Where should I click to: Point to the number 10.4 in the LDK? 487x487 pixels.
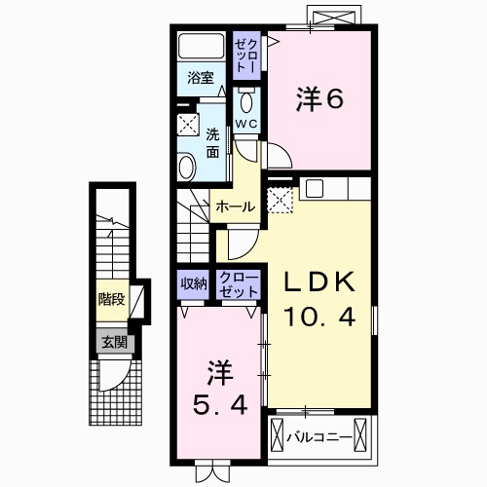pyautogui.click(x=317, y=317)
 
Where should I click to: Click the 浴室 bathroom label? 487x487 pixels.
pyautogui.click(x=201, y=79)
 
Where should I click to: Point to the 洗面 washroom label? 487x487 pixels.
pyautogui.click(x=213, y=143)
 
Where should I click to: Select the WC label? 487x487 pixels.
pyautogui.click(x=245, y=124)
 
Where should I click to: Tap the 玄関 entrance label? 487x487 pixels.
pyautogui.click(x=111, y=342)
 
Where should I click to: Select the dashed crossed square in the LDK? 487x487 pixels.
pyautogui.click(x=281, y=201)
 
